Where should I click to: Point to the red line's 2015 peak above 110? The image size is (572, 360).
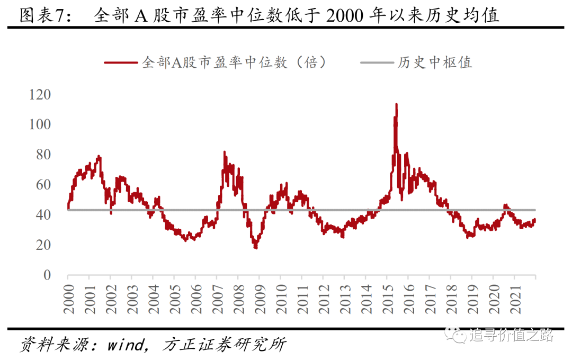[x=396, y=104]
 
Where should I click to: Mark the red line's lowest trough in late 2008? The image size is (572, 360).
[x=256, y=247]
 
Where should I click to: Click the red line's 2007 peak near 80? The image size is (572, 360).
[x=225, y=152]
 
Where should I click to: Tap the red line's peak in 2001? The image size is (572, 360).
[x=99, y=157]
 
